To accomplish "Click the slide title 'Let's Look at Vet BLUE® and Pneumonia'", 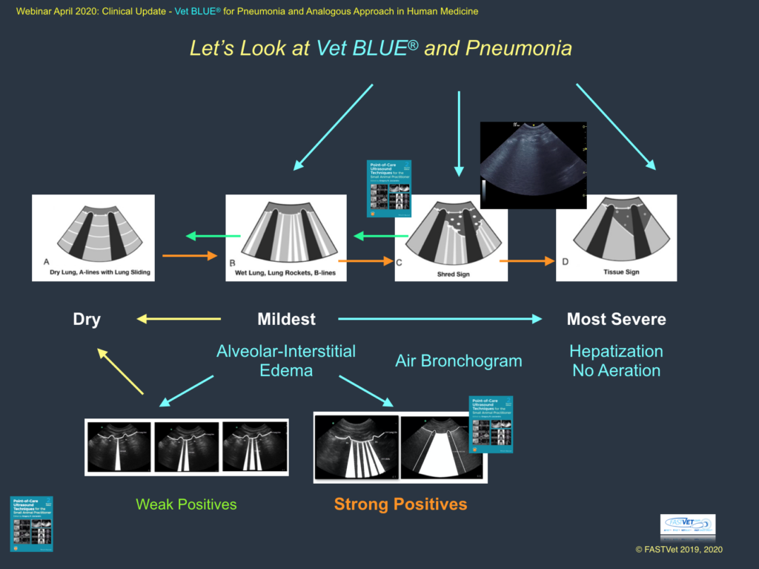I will (x=380, y=49).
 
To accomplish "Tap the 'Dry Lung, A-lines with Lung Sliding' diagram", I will (x=93, y=237).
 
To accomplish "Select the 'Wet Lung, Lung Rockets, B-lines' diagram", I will (x=286, y=237).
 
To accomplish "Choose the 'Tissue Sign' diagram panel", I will (x=616, y=237).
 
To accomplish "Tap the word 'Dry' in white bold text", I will (x=87, y=320).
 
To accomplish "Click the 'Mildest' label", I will (x=286, y=320).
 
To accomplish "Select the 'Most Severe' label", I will (x=616, y=320).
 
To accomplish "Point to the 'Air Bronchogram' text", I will (x=458, y=361).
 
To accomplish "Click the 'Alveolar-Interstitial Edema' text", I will (x=286, y=361).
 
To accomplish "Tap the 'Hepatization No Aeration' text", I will (x=616, y=361).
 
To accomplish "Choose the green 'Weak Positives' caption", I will (x=186, y=504).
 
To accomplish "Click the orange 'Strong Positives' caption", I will (x=400, y=504).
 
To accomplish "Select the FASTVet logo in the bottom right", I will (x=688, y=527).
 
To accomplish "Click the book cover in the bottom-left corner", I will (x=31, y=524).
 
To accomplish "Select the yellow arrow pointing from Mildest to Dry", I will (x=179, y=320).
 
